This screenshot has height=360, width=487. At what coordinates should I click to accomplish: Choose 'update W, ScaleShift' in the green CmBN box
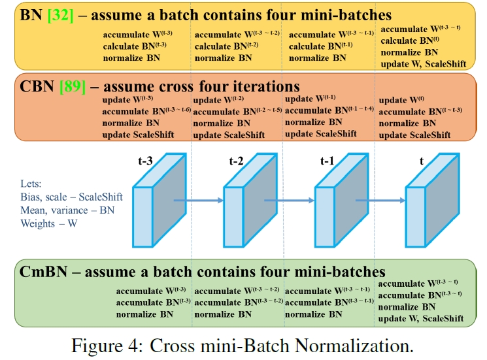click(421, 318)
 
